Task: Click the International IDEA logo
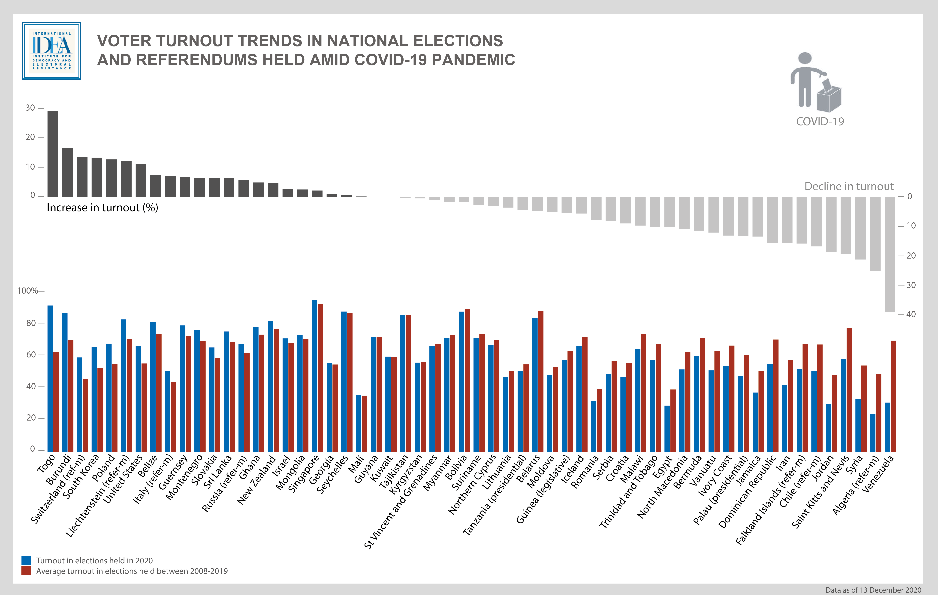[51, 51]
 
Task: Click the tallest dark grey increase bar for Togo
[53, 154]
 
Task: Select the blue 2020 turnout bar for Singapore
[314, 376]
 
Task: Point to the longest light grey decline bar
[890, 254]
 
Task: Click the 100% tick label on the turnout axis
[28, 291]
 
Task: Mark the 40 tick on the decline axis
[911, 314]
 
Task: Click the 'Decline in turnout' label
[849, 187]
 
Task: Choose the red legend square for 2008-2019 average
[26, 571]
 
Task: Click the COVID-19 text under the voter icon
[820, 122]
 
